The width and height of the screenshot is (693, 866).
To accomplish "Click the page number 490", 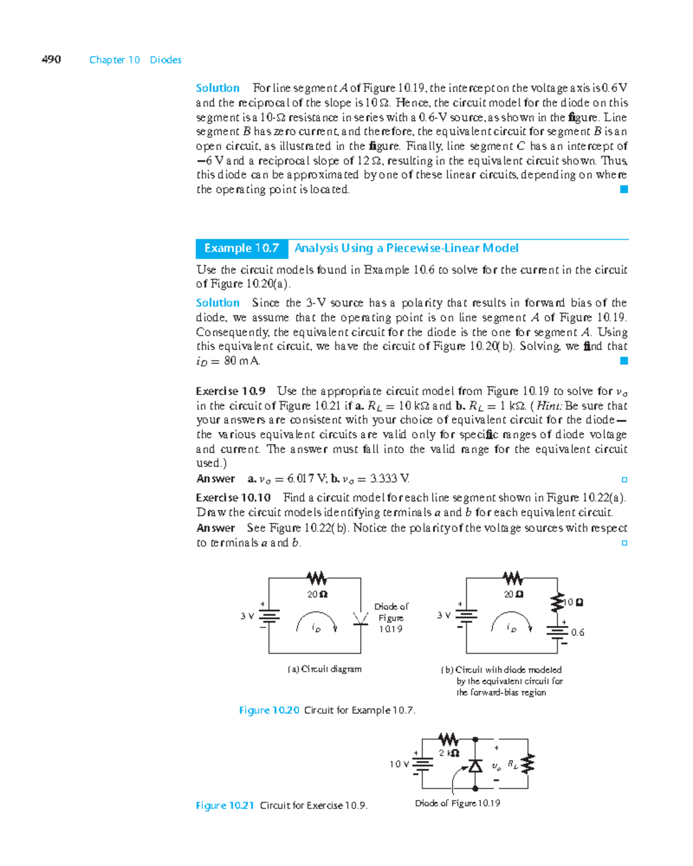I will pos(51,59).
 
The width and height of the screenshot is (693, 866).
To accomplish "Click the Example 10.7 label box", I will pos(241,248).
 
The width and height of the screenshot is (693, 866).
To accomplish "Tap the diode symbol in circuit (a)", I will pos(361,618).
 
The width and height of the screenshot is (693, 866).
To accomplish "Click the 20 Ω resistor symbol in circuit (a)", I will pos(316,578).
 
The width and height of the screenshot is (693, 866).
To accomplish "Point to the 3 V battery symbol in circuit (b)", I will pos(466,616).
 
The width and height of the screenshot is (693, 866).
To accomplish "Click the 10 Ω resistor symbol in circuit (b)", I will pos(557,602).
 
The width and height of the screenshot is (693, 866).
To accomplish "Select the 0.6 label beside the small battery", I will pos(577,633).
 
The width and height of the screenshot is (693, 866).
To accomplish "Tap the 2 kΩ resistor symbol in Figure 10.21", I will pos(449,739).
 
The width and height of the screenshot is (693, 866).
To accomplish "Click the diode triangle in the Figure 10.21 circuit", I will pos(475,766).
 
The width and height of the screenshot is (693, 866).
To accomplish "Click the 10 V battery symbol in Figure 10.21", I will pos(423,764).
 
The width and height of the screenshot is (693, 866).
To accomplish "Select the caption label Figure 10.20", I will pos(269,710).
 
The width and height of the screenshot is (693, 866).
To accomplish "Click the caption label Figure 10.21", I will pos(225,805).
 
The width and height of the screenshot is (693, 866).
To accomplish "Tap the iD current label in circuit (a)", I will pos(316,628).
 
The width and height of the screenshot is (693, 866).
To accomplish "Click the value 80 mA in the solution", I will pos(242,361).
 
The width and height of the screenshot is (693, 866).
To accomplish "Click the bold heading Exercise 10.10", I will pos(233,498).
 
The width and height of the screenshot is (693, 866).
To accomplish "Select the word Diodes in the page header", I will pos(166,60).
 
